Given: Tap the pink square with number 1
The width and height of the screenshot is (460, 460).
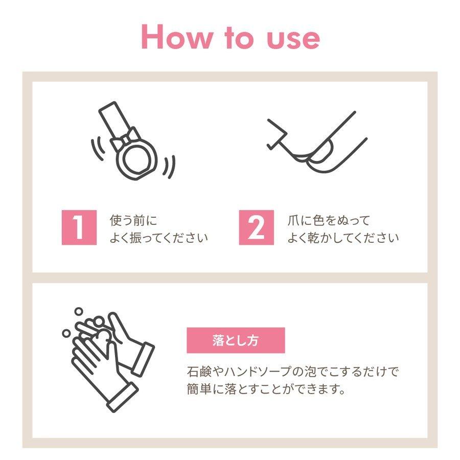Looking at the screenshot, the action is pos(79,227).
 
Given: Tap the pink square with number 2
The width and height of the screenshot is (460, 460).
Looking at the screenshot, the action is pos(256,227).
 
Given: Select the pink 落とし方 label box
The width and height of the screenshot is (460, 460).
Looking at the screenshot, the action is pos(236,340).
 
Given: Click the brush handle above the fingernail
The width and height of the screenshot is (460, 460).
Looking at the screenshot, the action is pos(277,133).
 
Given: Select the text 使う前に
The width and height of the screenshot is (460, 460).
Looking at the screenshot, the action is pos(133,220).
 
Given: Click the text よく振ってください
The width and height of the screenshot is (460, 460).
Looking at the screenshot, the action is pos(159,238).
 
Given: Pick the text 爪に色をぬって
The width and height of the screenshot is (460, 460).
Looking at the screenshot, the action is pos(329,220).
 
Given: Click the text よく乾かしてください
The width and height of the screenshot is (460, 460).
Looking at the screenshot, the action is pos(343,238).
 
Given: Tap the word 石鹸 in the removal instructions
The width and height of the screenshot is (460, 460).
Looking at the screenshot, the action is pos(199,372).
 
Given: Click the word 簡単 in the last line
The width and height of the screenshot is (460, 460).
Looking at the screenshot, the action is pos(199,389).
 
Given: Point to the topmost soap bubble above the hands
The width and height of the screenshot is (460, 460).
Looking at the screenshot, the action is pos(79,312).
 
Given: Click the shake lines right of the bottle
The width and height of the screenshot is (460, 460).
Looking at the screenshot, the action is pos(170,167).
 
